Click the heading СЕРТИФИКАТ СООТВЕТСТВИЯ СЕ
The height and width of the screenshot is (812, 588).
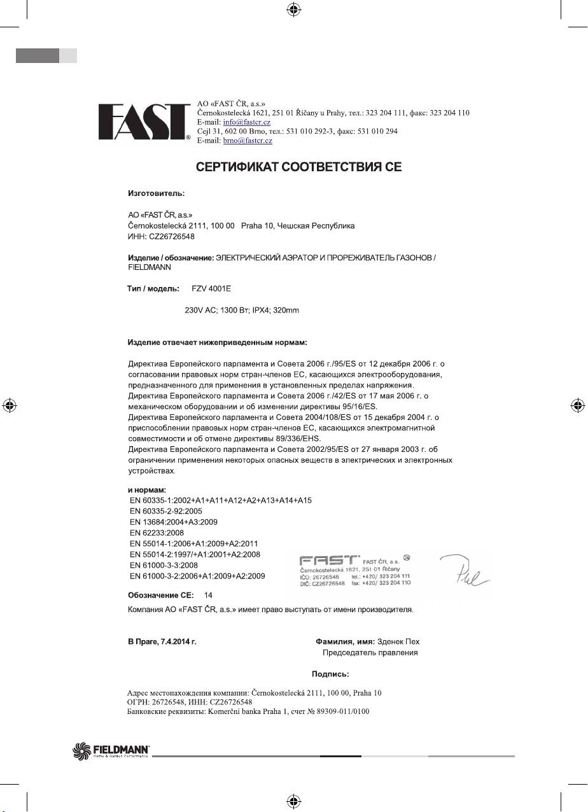[298, 168]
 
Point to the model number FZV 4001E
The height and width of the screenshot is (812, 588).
[211, 289]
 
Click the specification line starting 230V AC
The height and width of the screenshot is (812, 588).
[242, 310]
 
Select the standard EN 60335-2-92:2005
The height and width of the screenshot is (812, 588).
[165, 511]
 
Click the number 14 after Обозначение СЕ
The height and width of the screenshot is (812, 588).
[208, 594]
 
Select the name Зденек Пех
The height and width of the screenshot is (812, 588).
[398, 641]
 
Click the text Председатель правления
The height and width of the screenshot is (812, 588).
[370, 653]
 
